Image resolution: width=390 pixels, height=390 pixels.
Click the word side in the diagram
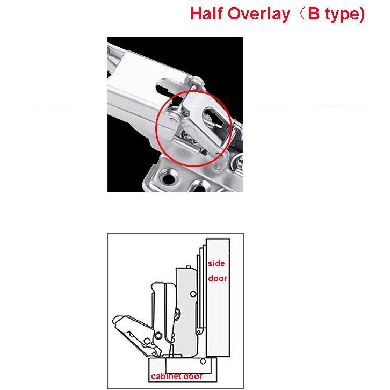(x=216, y=263)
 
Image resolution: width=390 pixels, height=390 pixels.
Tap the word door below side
(x=218, y=278)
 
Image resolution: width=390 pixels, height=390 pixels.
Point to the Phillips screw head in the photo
(x=239, y=162)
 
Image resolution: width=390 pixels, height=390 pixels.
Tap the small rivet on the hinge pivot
(x=174, y=121)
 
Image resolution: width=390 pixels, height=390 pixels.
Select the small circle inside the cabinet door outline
(x=203, y=362)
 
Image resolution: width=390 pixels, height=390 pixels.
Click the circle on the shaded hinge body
(x=193, y=294)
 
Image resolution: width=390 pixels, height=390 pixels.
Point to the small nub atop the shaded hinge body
(x=189, y=267)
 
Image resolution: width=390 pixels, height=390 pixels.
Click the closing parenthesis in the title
(x=362, y=15)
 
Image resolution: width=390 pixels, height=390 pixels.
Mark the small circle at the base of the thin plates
(x=198, y=331)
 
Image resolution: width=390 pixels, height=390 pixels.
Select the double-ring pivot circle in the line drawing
(x=158, y=336)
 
